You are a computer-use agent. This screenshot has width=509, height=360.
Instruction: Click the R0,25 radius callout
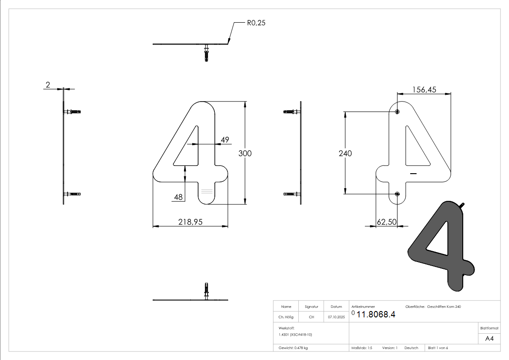point(256,23)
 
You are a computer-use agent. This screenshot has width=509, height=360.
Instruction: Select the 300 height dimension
point(245,153)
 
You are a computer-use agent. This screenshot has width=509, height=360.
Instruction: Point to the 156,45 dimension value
point(424,90)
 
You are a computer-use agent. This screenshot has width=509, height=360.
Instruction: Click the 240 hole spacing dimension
point(345,153)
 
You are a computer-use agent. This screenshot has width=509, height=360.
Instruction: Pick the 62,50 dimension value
point(387,222)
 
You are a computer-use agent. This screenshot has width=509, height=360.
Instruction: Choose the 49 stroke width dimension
point(225,140)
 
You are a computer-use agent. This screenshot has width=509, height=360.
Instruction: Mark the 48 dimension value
point(178,197)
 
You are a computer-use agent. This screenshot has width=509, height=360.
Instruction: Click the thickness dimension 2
point(48,85)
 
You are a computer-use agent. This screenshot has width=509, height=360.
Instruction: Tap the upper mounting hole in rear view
point(398,112)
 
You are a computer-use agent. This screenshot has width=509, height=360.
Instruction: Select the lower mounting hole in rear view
point(398,194)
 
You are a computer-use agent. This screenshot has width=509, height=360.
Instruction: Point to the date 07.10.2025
point(336,317)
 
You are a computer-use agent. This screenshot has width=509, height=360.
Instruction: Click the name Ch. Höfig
point(286,317)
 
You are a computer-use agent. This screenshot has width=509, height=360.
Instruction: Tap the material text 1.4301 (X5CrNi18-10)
point(295,334)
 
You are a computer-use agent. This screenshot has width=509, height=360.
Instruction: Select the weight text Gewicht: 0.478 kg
point(293,348)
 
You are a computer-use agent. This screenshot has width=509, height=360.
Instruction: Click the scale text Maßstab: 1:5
point(362,348)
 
